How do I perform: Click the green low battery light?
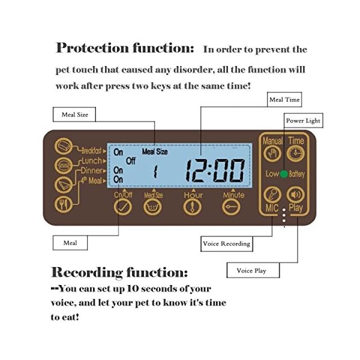(283, 173)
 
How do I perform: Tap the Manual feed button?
(272, 154)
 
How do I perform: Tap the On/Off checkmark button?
(124, 206)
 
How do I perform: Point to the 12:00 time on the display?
(215, 170)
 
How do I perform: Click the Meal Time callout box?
(285, 100)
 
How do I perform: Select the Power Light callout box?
(303, 121)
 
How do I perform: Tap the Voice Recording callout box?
(226, 244)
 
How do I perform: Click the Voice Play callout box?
(251, 271)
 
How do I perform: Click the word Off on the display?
(131, 161)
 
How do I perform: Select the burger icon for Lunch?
(62, 164)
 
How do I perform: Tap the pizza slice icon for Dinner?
(62, 184)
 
